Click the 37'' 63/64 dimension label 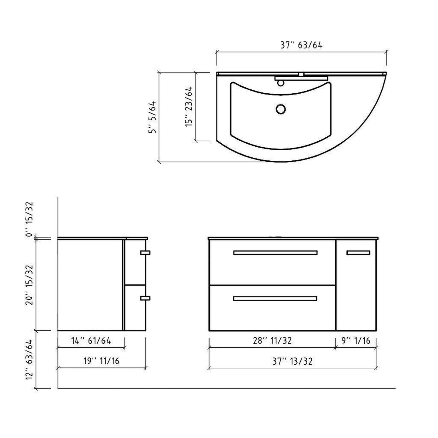point(301,45)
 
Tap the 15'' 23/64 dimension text point(189,106)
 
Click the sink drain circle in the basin point(281,109)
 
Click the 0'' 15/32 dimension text point(29,219)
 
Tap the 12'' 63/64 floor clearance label point(29,359)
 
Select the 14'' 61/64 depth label point(91,341)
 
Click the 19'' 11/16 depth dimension point(101,361)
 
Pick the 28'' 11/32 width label point(272,341)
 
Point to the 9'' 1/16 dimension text point(356,341)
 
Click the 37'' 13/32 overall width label point(292,361)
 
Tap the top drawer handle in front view point(275,252)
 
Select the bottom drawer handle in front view point(275,299)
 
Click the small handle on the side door point(358,252)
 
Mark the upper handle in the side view point(145,252)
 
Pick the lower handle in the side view point(145,298)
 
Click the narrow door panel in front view point(356,291)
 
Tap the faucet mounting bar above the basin point(301,78)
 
